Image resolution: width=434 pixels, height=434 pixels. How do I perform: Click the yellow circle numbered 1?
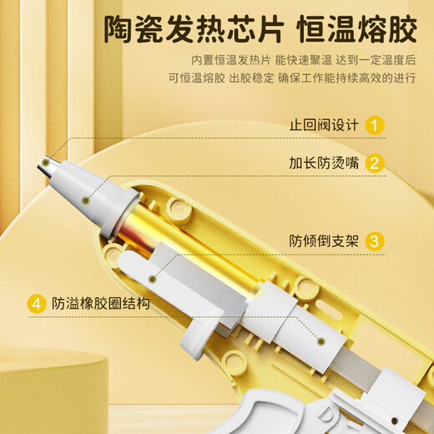375,127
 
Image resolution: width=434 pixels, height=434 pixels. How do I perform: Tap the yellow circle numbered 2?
375,164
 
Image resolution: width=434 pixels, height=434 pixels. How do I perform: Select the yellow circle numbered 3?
375,242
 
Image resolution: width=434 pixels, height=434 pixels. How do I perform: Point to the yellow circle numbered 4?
36,304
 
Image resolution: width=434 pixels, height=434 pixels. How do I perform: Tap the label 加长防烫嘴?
324,164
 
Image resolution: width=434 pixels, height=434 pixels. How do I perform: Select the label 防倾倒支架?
324,242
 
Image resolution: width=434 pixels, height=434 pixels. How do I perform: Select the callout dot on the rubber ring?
322,341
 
